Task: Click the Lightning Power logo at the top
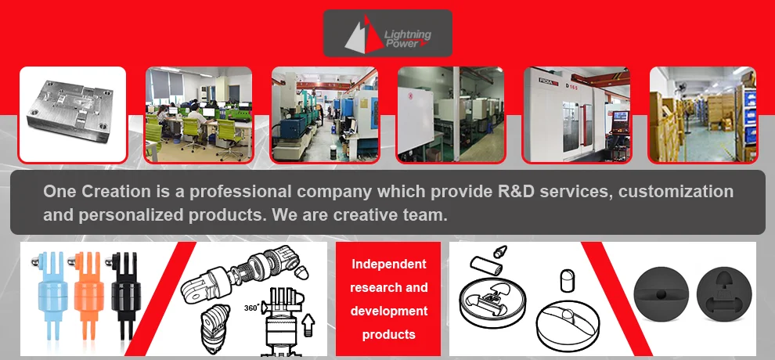[x=387, y=33]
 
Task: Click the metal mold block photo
[x=73, y=114]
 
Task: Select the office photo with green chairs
[x=199, y=114]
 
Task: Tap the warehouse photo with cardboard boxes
[x=703, y=114]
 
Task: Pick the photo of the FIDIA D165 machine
[x=577, y=114]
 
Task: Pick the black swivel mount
[x=124, y=297]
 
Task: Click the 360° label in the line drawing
[x=252, y=308]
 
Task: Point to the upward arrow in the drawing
[x=308, y=326]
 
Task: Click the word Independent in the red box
[x=388, y=265]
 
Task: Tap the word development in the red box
[x=388, y=311]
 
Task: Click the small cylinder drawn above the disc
[x=486, y=265]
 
